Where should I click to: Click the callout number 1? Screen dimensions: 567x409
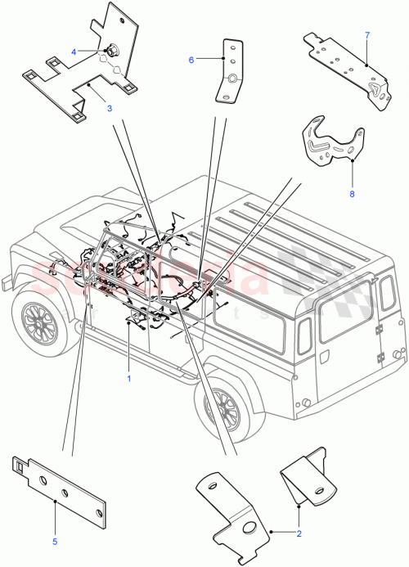pyautogui.click(x=128, y=379)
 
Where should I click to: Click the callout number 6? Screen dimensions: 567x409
pyautogui.click(x=191, y=59)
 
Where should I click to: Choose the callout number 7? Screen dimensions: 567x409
pyautogui.click(x=367, y=36)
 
